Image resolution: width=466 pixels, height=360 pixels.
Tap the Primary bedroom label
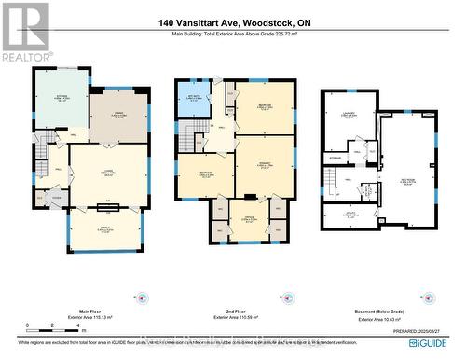(263, 167)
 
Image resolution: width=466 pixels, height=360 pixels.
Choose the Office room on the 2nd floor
(248, 220)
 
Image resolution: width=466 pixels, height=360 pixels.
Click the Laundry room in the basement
(350, 118)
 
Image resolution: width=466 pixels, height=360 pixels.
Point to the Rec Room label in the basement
(408, 182)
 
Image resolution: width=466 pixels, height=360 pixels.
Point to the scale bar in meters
(42, 326)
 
